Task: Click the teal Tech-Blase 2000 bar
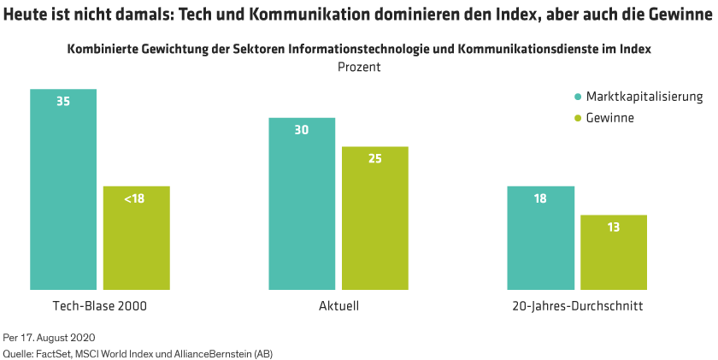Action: tap(63, 189)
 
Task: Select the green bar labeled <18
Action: tap(136, 238)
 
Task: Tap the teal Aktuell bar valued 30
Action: tap(302, 204)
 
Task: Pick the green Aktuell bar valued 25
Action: tap(375, 218)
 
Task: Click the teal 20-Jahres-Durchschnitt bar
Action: tap(540, 238)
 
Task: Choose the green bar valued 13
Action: tap(613, 252)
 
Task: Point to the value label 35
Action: tap(63, 101)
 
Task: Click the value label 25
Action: tap(375, 158)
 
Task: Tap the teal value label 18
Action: tap(540, 198)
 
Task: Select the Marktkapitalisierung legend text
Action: tap(644, 96)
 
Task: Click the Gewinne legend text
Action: tap(609, 117)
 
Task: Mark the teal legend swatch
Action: tap(578, 96)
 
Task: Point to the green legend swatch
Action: tap(578, 117)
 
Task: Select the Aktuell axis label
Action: tap(338, 305)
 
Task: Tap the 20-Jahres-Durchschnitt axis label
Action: tap(577, 305)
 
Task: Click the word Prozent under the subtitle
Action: tap(359, 67)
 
